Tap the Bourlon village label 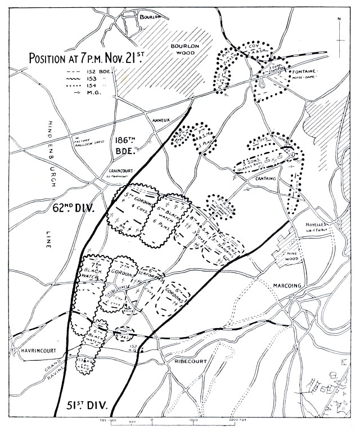point(150,17)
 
